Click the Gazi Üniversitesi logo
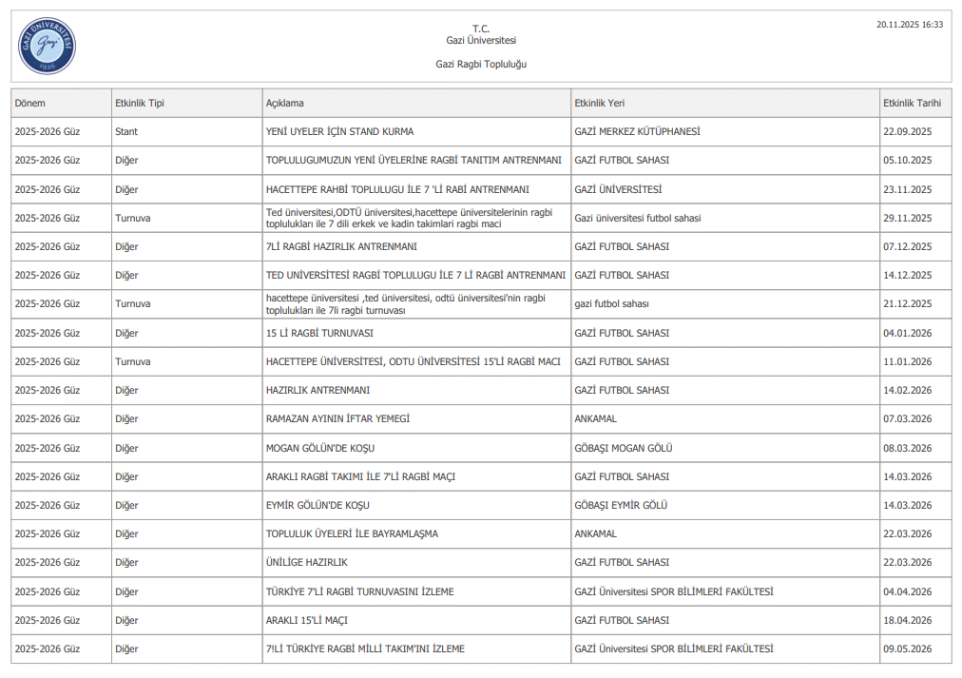47,46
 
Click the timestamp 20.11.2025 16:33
910,25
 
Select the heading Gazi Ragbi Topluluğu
481,64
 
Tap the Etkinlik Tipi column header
140,103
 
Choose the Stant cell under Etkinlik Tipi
126,131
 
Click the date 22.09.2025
908,131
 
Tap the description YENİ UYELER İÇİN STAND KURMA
339,131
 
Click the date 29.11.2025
908,218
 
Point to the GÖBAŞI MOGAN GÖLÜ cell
624,448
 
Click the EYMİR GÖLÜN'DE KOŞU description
317,505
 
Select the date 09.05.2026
908,649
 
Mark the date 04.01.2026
908,333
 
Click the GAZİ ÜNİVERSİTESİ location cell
618,189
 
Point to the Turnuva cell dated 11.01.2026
133,361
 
